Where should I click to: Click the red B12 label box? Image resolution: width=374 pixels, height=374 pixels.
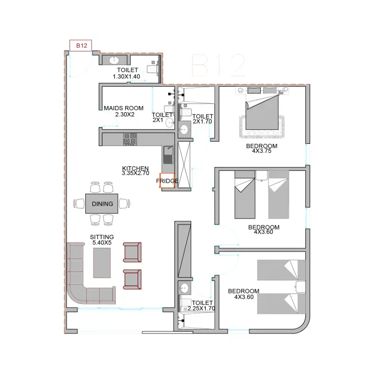(x=81, y=45)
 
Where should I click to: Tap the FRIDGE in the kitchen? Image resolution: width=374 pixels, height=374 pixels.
(x=167, y=181)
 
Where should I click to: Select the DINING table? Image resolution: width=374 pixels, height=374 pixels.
(x=102, y=204)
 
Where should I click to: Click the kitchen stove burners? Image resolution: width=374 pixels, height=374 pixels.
(x=130, y=139)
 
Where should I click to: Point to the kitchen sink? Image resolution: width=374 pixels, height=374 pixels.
(x=168, y=155)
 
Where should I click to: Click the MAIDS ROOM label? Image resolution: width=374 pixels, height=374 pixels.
(x=124, y=111)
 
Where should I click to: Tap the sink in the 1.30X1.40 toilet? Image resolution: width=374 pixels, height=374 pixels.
(x=114, y=60)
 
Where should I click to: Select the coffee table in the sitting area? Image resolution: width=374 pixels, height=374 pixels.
(x=102, y=263)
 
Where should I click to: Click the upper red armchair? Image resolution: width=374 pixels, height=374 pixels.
(x=132, y=252)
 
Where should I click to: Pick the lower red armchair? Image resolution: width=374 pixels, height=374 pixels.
(x=132, y=279)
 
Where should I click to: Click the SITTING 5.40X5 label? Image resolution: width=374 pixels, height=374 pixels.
(x=102, y=239)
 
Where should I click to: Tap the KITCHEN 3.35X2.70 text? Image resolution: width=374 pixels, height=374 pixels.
(x=136, y=171)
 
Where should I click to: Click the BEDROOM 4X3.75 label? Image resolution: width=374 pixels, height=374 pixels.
(x=262, y=148)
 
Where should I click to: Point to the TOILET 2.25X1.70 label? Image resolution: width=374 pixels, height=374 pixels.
(x=202, y=305)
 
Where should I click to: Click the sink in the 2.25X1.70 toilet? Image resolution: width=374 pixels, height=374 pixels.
(x=184, y=288)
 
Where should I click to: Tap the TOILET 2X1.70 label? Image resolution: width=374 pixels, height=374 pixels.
(x=203, y=119)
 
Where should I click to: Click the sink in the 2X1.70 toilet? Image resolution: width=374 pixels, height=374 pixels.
(x=184, y=130)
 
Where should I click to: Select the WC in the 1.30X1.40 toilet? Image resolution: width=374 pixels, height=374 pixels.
(x=153, y=69)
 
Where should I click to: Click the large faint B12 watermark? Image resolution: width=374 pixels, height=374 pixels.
(x=218, y=65)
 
